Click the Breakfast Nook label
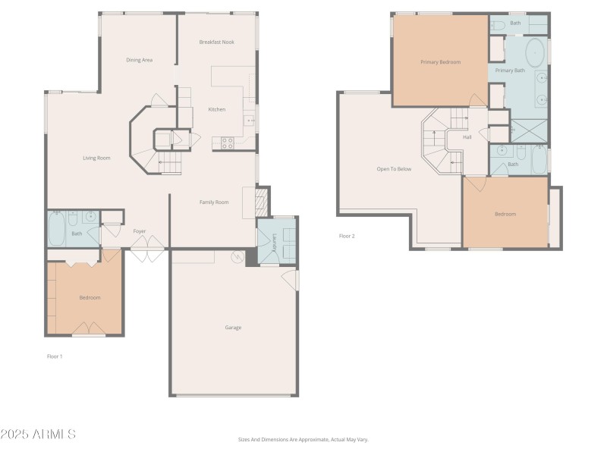pos(216,42)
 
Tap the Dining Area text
pos(140,60)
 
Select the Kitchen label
pos(217,109)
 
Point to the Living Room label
pos(97,158)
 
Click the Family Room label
pos(214,202)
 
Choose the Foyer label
pos(140,231)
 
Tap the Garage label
pos(233,328)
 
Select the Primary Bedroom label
pos(441,62)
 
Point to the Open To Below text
pos(394,169)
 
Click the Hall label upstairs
pos(467,137)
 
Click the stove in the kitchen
pos(228,143)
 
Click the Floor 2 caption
pos(347,236)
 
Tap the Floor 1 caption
pos(55,356)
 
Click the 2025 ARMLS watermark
pos(38,435)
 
